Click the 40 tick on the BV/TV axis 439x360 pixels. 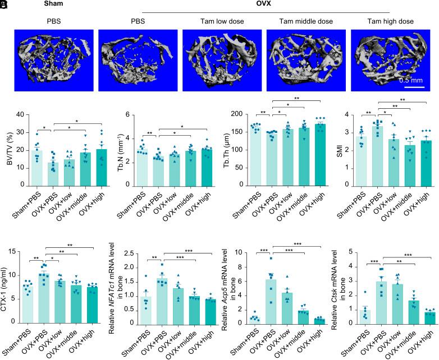tap(21, 115)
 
